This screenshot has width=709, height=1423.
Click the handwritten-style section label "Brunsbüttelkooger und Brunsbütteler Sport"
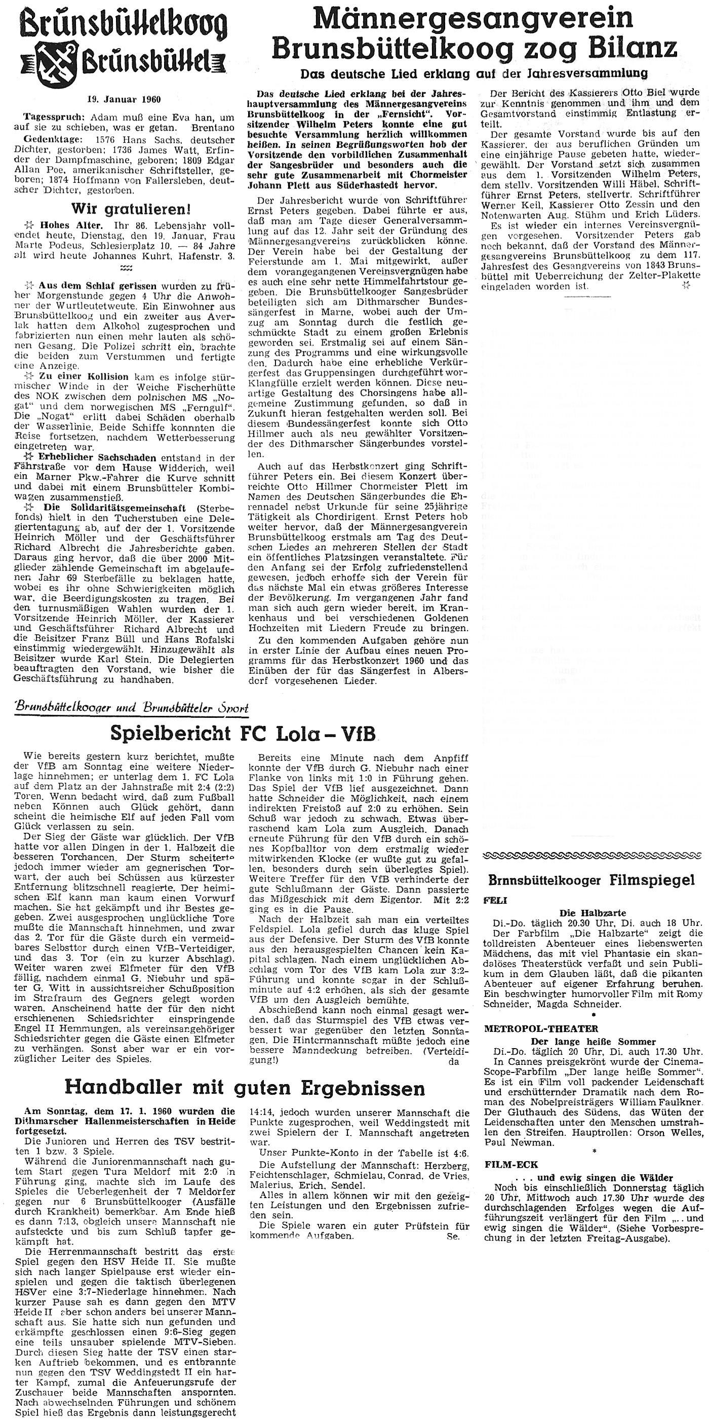[132, 708]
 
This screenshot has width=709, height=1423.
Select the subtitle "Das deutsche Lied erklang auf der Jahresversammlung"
[473, 73]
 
